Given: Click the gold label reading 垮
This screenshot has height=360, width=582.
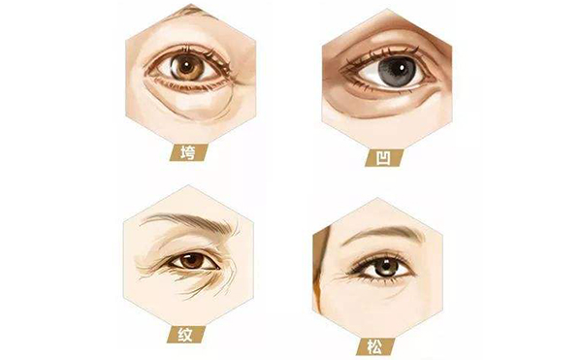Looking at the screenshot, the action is click(188, 152).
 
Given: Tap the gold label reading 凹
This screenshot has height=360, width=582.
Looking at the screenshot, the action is click(384, 158).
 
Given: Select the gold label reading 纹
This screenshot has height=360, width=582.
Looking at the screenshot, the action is click(185, 335).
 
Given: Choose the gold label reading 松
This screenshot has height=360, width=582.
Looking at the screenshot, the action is click(374, 347).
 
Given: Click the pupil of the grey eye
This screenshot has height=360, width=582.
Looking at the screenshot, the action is click(397, 70).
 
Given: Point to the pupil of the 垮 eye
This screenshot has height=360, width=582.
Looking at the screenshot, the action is click(186, 68).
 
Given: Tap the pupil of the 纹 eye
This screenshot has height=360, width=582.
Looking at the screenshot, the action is click(192, 259).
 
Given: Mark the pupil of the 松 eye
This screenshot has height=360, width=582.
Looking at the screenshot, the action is click(386, 266).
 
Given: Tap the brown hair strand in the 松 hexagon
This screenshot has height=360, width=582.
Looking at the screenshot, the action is click(322, 268).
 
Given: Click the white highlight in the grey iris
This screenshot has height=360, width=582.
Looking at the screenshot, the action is click(402, 67).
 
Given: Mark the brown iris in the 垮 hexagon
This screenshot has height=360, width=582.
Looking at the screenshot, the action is click(187, 68).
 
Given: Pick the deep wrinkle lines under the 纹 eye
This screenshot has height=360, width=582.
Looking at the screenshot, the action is click(201, 282).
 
